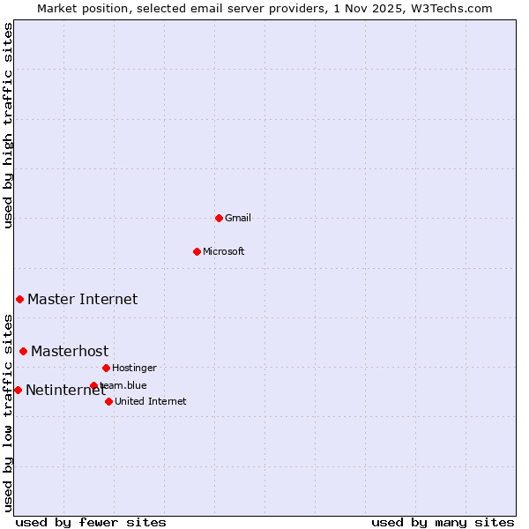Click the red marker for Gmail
tap(219, 218)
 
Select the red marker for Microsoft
tap(197, 251)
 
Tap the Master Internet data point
tap(19, 300)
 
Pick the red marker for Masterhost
tap(23, 351)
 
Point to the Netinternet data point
tap(18, 390)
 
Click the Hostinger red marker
tap(106, 368)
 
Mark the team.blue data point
tap(93, 385)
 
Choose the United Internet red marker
tap(108, 401)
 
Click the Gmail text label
tap(238, 218)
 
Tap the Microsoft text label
tap(224, 251)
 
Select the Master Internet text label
tap(82, 300)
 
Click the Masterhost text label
tap(70, 352)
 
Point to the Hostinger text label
tap(134, 368)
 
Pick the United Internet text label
tap(151, 401)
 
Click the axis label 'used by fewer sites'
tap(91, 522)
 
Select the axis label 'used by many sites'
tap(443, 522)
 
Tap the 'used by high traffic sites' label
tap(8, 125)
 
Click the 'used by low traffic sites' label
tap(8, 413)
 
